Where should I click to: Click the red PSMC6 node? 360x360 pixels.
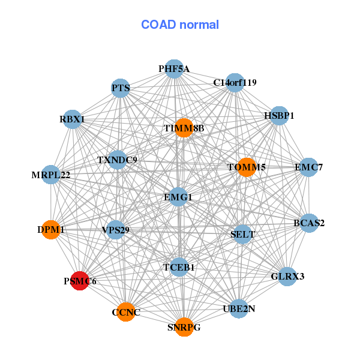pos(80,281)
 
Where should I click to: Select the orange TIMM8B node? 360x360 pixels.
pos(184,128)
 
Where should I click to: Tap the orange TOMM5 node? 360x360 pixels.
pos(247,167)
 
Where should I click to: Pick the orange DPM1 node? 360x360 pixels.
pos(51,230)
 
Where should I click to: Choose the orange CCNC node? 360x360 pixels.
pos(126,312)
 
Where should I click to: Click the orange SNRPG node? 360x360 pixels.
pos(184,327)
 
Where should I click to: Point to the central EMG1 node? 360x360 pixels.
pos(178,197)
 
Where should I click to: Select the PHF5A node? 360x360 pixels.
pos(174,69)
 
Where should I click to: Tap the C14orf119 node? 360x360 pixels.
pos(235,83)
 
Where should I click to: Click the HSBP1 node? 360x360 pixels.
pos(279,116)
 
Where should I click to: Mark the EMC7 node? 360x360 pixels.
pos(309,167)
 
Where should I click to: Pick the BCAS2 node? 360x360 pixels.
pos(309,223)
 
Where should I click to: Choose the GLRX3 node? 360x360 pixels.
pos(287,277)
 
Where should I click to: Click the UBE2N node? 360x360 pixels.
pos(239,309)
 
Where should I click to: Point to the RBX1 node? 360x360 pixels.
pos(73,119)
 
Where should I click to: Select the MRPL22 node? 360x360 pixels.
pos(51,175)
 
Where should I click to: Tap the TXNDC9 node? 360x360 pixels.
pos(118,160)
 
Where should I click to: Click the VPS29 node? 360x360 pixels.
pos(115,230)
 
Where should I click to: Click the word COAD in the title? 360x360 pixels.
pos(158,25)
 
